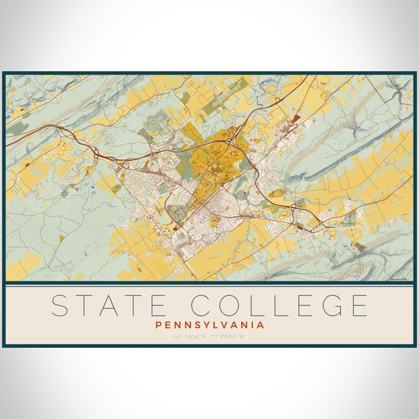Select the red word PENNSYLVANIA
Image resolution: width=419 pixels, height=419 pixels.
coord(209,325)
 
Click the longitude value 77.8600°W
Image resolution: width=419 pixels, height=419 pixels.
coord(231,337)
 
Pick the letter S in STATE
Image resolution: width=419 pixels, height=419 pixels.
coord(61,306)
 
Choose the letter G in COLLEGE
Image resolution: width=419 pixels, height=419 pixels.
coord(329,306)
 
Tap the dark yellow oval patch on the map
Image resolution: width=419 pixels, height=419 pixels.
coord(277,193)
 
